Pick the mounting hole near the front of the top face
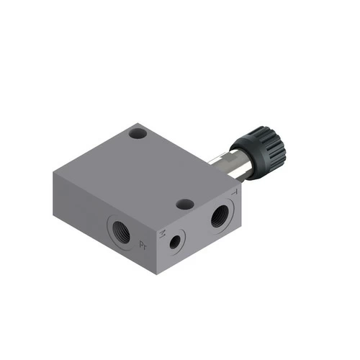184,204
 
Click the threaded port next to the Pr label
120,232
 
